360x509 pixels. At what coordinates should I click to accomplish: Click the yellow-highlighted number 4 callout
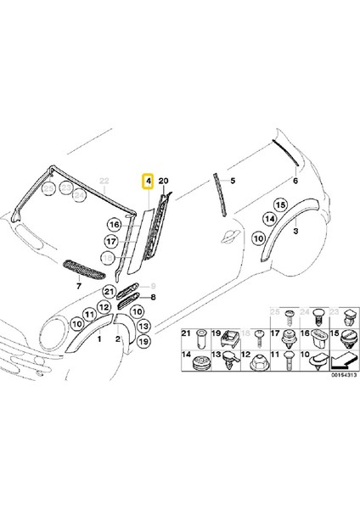[147, 182]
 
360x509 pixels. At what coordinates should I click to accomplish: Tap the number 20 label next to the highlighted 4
[164, 182]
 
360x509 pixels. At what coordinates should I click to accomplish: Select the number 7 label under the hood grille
[78, 288]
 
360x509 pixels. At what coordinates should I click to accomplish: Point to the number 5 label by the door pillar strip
[233, 182]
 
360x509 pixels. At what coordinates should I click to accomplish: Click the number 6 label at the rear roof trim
[295, 182]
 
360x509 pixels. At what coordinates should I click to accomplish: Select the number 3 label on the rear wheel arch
[295, 231]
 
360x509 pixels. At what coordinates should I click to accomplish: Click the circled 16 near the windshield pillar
[113, 225]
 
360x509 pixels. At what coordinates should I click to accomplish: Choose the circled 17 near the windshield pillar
[110, 241]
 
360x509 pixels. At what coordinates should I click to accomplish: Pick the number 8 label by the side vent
[153, 298]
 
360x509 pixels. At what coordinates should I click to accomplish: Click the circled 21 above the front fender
[108, 293]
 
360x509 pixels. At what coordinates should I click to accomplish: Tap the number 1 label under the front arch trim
[99, 338]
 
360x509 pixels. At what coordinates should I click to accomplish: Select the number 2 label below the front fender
[118, 338]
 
